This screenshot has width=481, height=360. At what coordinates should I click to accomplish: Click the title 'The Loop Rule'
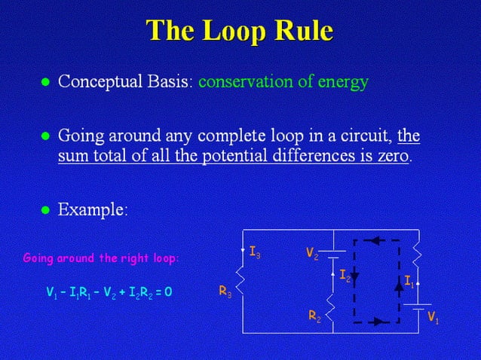click(x=240, y=31)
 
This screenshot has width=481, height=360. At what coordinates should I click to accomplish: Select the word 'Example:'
click(x=93, y=209)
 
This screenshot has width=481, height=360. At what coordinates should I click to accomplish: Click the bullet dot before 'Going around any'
click(x=44, y=138)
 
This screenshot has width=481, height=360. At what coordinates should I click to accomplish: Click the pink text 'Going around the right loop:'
click(x=101, y=258)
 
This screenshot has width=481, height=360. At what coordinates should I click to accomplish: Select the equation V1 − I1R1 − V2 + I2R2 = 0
click(x=109, y=291)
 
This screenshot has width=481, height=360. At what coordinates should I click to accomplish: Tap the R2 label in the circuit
click(x=314, y=318)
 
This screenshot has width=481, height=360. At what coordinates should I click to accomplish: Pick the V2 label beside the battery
click(x=312, y=255)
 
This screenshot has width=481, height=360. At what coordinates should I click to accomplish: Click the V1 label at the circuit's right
click(x=433, y=318)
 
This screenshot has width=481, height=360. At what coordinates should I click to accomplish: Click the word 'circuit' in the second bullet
click(x=360, y=138)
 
